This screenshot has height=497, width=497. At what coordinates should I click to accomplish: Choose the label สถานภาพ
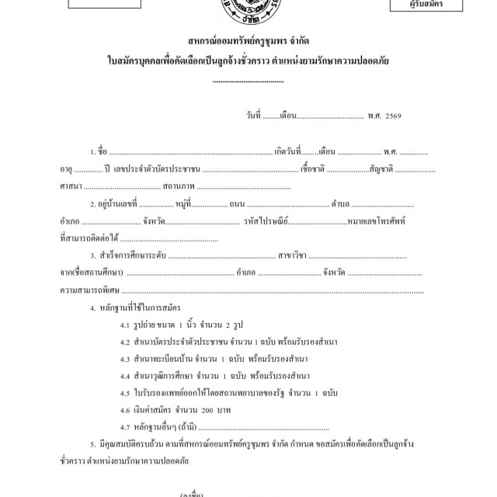pyautogui.click(x=179, y=187)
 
